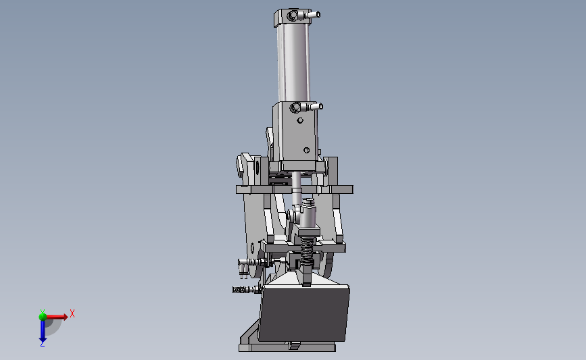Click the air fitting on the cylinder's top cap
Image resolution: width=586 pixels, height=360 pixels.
[313, 15]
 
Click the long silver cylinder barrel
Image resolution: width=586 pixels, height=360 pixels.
[294, 63]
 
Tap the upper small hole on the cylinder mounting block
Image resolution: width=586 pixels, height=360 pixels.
[300, 120]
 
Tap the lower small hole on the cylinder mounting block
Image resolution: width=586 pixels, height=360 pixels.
[306, 150]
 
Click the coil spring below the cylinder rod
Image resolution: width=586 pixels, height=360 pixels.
[306, 251]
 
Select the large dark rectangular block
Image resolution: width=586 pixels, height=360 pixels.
[304, 313]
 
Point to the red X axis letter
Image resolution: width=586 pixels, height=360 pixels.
[72, 313]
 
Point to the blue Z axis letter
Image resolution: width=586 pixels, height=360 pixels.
[42, 344]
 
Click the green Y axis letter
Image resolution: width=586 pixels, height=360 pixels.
[43, 312]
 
